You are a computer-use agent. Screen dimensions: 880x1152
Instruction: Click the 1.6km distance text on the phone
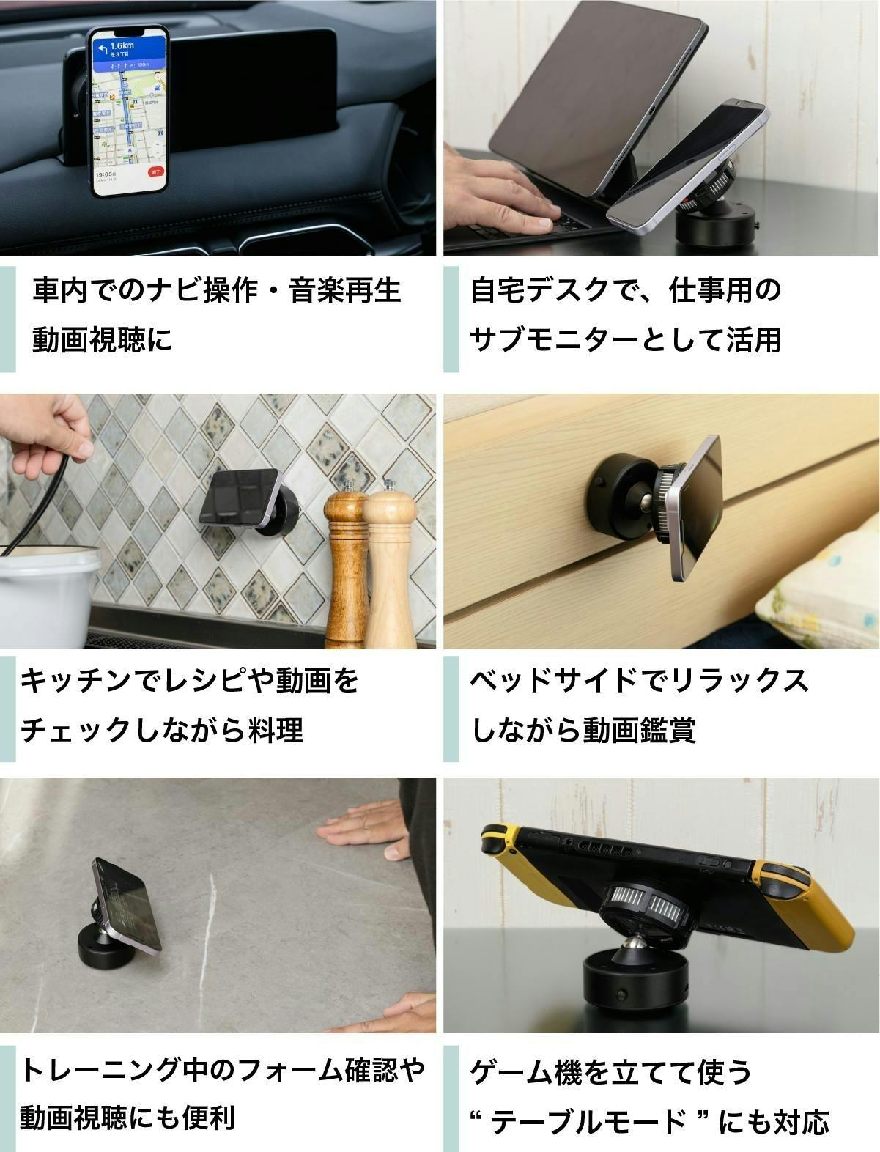(x=122, y=45)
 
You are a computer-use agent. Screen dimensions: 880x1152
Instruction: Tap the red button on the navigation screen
(x=156, y=171)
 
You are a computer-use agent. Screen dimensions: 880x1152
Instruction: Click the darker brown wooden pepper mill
(x=345, y=564)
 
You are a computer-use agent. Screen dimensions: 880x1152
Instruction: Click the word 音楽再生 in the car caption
(x=344, y=290)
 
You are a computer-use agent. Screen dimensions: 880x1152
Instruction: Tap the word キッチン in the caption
(x=76, y=680)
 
